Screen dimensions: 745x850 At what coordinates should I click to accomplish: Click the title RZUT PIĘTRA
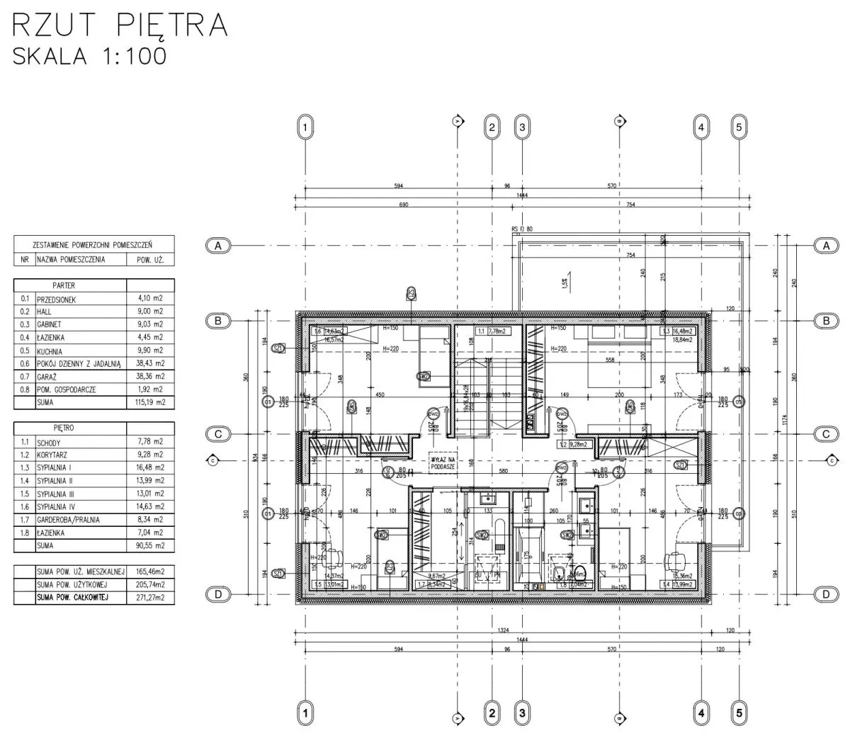(x=120, y=25)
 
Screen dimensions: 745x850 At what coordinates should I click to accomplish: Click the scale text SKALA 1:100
(x=90, y=55)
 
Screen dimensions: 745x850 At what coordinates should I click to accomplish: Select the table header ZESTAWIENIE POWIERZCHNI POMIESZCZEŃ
(x=93, y=244)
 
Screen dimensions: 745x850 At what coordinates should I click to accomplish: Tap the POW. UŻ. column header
(x=149, y=260)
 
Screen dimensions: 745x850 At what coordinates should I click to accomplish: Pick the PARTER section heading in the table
(x=64, y=285)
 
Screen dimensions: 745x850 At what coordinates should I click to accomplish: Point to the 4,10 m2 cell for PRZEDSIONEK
(x=150, y=299)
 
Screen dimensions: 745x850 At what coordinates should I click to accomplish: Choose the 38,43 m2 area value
(x=150, y=364)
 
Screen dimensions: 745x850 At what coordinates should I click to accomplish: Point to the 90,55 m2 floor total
(x=150, y=546)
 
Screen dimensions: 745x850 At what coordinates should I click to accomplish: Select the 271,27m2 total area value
(x=150, y=598)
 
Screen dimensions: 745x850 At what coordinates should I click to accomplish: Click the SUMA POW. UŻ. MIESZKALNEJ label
(x=81, y=571)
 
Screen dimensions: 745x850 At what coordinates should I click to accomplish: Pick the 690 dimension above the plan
(x=404, y=205)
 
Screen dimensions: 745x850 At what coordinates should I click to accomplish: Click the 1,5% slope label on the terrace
(x=565, y=283)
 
